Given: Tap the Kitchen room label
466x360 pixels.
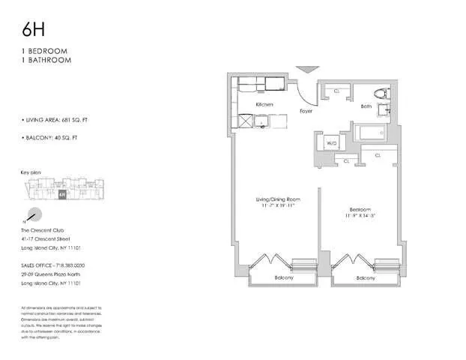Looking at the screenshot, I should click(264, 104).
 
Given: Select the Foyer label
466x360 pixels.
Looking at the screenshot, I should click(306, 111).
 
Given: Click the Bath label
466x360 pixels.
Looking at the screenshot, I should click(366, 106).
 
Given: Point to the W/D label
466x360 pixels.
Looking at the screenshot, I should click(331, 142).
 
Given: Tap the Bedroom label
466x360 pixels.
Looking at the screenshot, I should click(362, 210).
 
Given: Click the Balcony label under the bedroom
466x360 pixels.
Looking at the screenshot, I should click(366, 278).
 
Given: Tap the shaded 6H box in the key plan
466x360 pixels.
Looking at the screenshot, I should click(61, 193).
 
